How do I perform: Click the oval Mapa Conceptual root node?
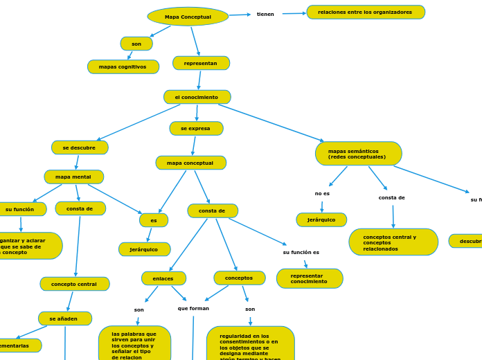click(x=188, y=17)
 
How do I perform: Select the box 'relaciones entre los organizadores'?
click(x=366, y=12)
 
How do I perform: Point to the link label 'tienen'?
click(x=265, y=15)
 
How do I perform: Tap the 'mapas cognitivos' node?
click(x=123, y=67)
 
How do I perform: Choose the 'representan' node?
click(x=201, y=63)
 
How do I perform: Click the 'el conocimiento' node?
click(x=197, y=97)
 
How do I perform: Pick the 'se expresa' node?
click(x=196, y=129)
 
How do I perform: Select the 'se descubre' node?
click(x=80, y=147)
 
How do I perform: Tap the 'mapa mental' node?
click(x=74, y=177)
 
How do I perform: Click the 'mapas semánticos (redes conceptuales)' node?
click(x=358, y=154)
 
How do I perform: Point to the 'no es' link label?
click(x=322, y=194)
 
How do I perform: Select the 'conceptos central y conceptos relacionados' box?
click(x=393, y=242)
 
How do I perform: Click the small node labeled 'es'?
click(x=154, y=220)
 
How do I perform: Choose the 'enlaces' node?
click(x=163, y=278)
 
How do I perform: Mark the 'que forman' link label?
click(x=193, y=309)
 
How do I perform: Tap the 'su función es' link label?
click(x=301, y=253)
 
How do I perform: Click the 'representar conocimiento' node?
click(x=310, y=278)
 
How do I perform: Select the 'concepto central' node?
click(x=75, y=284)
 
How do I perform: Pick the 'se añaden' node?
click(x=65, y=318)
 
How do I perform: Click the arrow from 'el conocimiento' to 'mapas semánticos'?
click(x=270, y=123)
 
